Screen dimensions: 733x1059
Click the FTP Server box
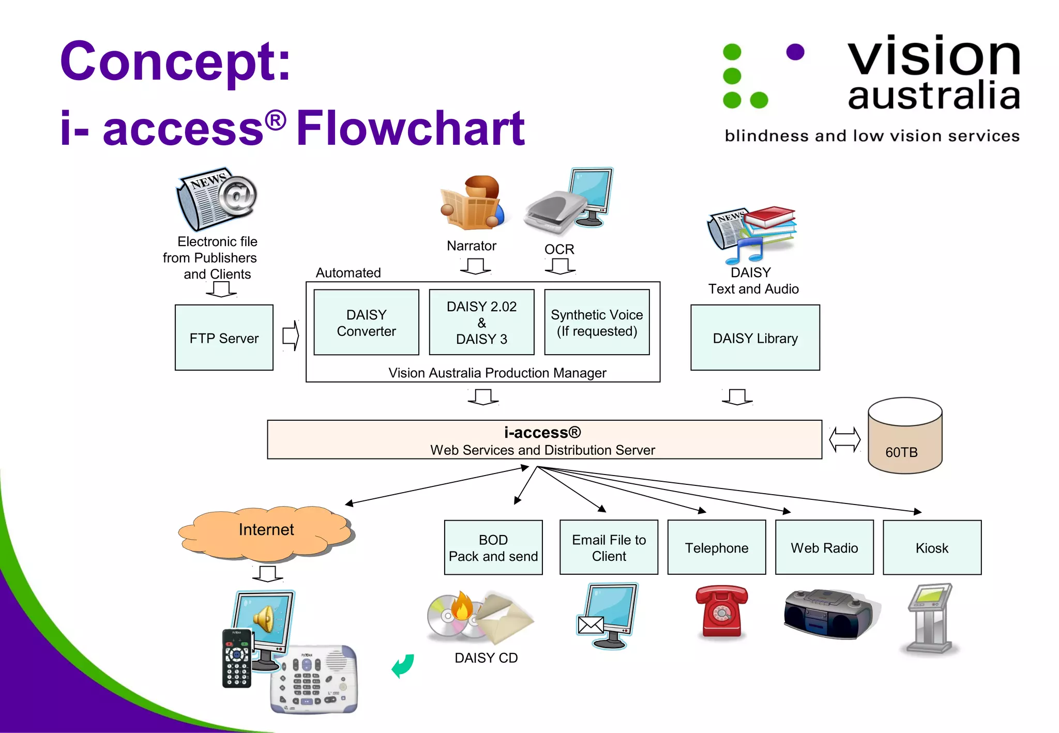224,338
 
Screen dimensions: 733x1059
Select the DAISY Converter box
366,323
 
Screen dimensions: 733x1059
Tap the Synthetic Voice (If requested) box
597,323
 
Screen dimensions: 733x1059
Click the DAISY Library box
755,338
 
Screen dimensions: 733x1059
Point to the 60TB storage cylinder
904,437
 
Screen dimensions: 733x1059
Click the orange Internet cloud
266,532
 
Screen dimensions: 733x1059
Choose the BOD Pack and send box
493,547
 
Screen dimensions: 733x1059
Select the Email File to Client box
609,547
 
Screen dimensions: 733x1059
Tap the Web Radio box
824,547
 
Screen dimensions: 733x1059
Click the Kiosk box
932,547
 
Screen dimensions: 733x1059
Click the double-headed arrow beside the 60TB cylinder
844,440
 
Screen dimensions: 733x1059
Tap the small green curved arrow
403,666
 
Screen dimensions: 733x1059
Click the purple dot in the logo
795,52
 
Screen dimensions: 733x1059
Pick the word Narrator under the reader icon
471,246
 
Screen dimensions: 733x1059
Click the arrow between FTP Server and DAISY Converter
291,336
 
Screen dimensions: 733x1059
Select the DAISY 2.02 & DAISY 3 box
481,323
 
